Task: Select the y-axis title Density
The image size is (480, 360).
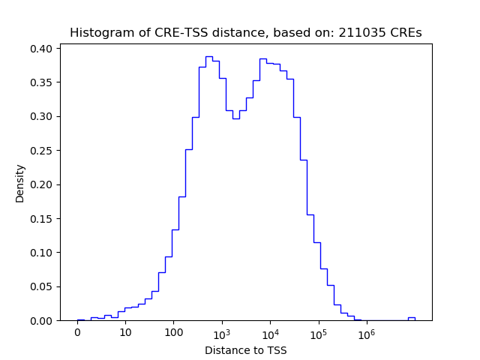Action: coord(20,184)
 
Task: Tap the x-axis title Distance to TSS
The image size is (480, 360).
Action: coord(246,350)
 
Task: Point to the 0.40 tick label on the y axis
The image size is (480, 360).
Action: coord(41,49)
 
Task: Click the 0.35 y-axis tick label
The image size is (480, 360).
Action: coord(41,82)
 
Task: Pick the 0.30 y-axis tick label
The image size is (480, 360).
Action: coord(41,116)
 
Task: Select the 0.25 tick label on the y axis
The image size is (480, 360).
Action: coord(41,151)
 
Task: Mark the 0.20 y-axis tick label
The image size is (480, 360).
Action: coord(41,184)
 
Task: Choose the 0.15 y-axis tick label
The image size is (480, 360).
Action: coord(41,219)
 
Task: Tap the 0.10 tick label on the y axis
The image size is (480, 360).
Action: coord(41,253)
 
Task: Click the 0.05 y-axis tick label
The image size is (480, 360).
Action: coord(41,286)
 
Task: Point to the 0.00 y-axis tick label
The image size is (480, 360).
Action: coord(41,321)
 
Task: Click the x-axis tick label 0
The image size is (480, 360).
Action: coord(77,334)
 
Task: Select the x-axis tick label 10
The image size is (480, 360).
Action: coord(125,334)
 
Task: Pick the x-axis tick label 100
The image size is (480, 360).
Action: coord(173,334)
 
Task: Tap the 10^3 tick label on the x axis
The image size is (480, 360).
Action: coord(222,333)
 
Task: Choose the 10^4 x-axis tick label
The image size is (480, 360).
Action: coord(270,333)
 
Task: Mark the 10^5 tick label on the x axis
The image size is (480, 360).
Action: coord(318,333)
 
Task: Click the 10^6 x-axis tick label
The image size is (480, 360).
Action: coord(366,333)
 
